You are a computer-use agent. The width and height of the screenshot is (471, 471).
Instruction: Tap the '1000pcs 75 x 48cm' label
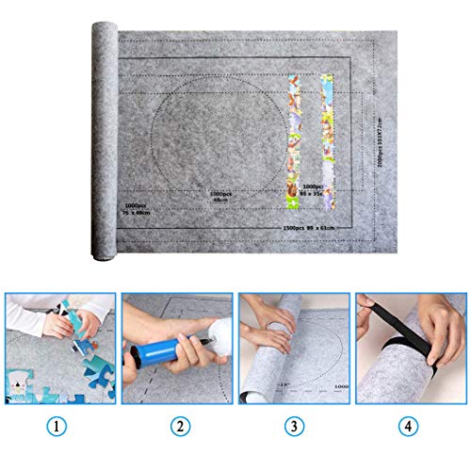coord(138,209)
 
